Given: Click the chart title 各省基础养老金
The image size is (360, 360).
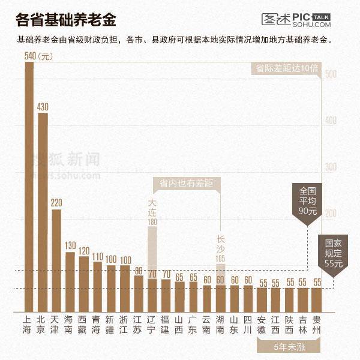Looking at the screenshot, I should tap(66, 20).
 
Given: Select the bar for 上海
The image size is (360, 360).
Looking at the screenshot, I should tap(29, 180).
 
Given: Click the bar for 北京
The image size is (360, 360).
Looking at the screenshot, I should tap(43, 204).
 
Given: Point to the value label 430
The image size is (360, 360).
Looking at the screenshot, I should tap(43, 107).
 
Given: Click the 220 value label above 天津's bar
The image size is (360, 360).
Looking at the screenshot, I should tap(56, 203).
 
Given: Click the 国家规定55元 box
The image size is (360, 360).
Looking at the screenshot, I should tap(333, 253).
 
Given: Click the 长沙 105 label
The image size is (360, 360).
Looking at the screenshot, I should tap(220, 248).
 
